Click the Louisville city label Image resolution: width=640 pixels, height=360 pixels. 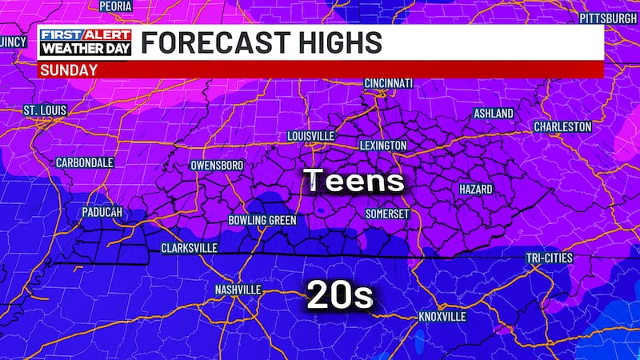[x=310, y=136]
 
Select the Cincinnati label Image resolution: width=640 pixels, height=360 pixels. [x=388, y=83]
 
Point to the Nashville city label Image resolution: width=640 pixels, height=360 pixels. [x=238, y=289]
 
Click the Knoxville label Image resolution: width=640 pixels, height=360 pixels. [x=442, y=317]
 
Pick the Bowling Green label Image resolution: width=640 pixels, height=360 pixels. [x=262, y=220]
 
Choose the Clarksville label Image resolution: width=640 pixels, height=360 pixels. [x=189, y=248]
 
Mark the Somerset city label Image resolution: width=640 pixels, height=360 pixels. [x=387, y=214]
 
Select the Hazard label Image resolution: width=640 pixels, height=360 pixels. [x=475, y=189]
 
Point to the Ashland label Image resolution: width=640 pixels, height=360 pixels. [x=494, y=114]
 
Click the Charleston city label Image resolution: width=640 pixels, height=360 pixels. [x=562, y=126]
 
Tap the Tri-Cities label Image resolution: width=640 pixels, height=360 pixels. [x=550, y=258]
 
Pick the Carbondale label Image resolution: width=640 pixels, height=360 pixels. [x=84, y=162]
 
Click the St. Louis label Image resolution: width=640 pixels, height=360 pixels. [x=45, y=109]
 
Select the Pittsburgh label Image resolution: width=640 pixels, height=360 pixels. [x=607, y=17]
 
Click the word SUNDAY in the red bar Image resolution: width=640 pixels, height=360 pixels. [x=68, y=70]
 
